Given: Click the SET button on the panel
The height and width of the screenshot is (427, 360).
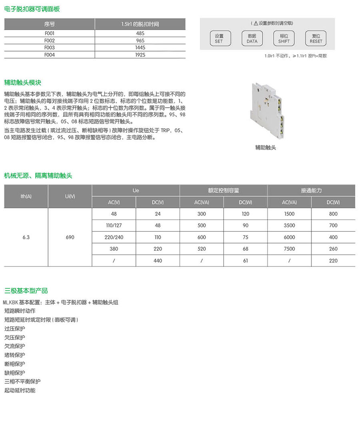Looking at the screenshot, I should tap(219, 38).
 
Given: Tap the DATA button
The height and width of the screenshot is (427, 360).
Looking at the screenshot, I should tap(252, 38).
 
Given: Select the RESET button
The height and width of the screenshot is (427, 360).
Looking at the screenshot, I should tap(316, 38).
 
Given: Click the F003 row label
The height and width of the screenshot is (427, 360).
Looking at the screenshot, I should tap(50, 48).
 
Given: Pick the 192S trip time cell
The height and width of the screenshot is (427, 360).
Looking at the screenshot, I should tap(140, 55).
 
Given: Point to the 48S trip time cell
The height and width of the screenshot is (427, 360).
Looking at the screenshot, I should tap(140, 34).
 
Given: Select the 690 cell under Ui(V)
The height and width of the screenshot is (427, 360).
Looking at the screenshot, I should tap(70, 237).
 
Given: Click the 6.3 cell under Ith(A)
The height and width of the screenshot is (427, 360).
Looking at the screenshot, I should tap(26, 237).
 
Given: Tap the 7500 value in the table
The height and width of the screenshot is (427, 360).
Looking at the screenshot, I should tap(289, 249).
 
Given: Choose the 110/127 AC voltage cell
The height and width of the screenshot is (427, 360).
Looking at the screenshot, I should tap(114, 225).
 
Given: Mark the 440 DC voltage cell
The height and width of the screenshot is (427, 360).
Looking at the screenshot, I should tap(158, 261).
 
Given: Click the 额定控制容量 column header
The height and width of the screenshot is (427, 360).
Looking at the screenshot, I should tap(224, 191).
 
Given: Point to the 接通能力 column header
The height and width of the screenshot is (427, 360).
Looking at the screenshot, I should tap(311, 191).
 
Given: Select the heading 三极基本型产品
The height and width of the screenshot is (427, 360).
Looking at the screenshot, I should tap(26, 291).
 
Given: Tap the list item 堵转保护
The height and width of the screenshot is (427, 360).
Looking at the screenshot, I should tap(15, 355).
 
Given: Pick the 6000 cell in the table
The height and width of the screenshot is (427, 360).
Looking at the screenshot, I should tap(289, 237).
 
